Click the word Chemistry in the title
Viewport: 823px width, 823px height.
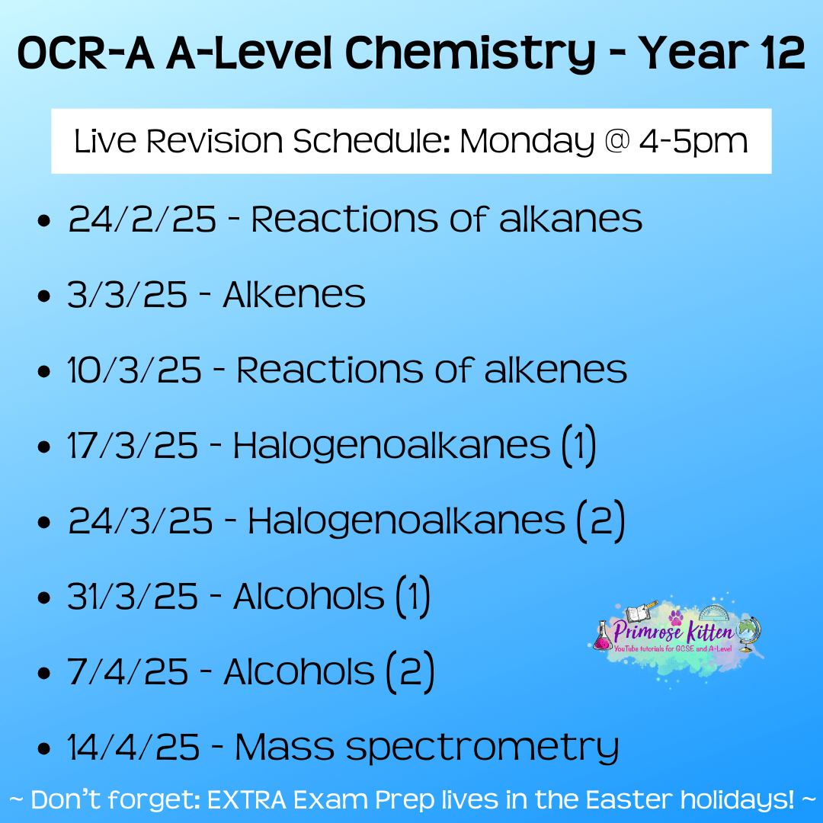[469, 54]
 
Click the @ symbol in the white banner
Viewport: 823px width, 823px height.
[616, 141]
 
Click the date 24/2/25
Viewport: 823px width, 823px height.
[143, 219]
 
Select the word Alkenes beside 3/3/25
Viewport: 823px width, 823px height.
[294, 294]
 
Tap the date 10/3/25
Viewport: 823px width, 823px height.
[134, 370]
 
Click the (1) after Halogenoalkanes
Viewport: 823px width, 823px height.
[579, 446]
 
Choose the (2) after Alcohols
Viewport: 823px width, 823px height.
[411, 672]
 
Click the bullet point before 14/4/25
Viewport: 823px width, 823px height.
[44, 748]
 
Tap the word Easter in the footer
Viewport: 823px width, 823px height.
[629, 800]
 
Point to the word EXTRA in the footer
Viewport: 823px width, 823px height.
[247, 800]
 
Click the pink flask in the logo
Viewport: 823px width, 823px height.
[603, 636]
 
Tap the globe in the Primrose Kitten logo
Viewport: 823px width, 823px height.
[748, 633]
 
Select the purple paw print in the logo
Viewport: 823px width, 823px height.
[676, 618]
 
